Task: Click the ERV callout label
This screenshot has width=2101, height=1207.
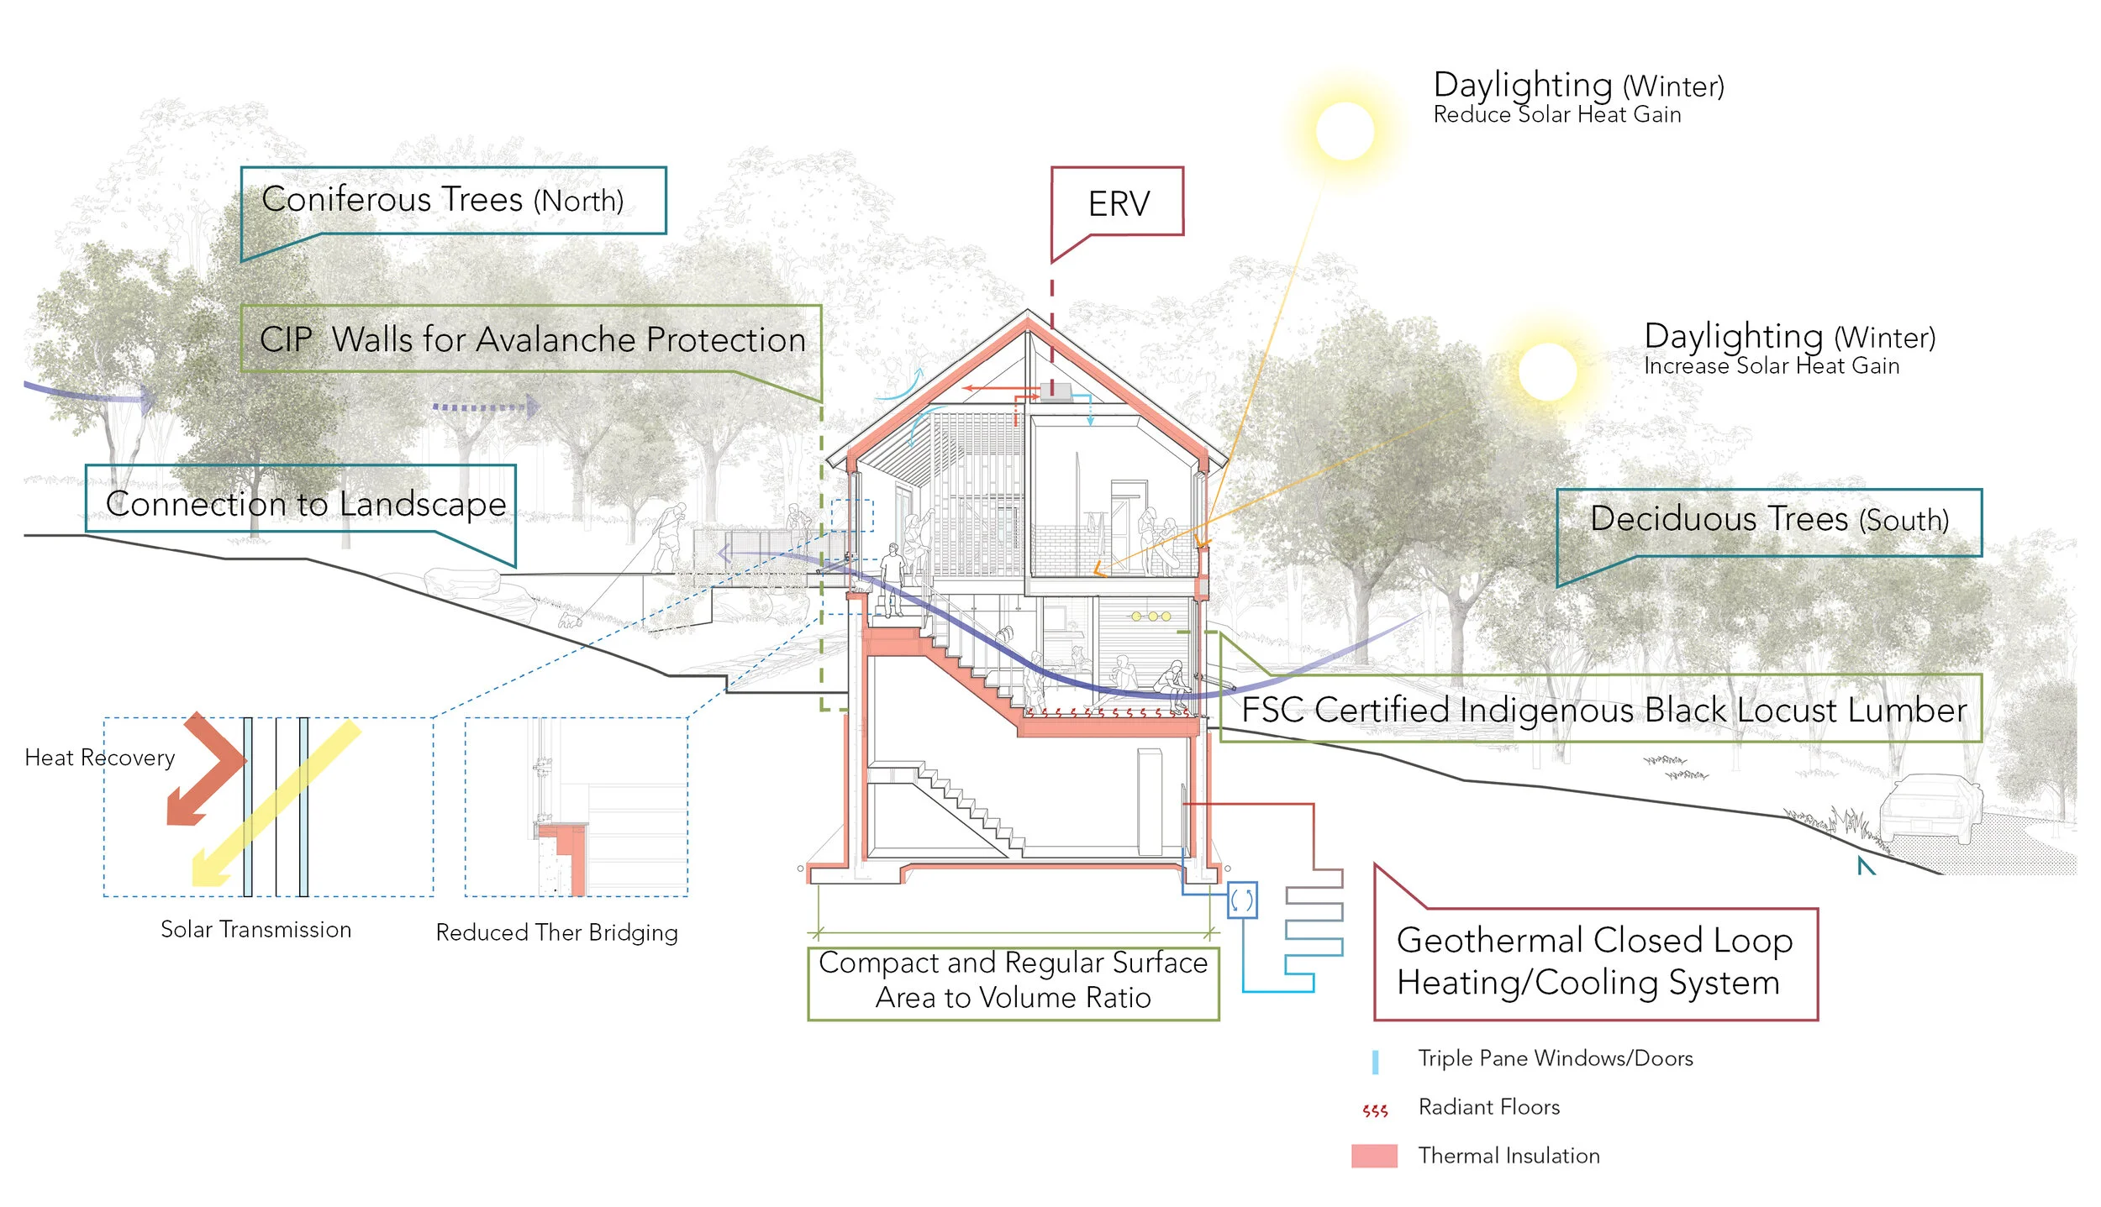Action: click(1117, 203)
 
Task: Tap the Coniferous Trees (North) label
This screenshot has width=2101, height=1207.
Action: click(443, 200)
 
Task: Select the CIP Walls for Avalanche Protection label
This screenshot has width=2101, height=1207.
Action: click(531, 339)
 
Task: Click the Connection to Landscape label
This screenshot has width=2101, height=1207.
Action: click(306, 503)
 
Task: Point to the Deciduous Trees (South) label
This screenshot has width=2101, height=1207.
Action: click(1768, 519)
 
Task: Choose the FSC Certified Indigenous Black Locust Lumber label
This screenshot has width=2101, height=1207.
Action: click(1603, 710)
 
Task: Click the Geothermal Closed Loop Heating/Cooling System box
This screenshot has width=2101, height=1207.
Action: click(1594, 962)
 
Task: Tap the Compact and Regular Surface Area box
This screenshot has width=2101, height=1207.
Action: click(1013, 980)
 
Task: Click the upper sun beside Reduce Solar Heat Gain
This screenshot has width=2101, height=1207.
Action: click(1345, 131)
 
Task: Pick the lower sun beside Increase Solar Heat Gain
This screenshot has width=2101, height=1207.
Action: click(1547, 371)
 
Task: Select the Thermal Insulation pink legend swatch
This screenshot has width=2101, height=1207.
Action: click(1374, 1156)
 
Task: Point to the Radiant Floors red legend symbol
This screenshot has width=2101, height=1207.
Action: click(1375, 1110)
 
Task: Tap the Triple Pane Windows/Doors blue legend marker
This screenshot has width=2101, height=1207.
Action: click(1375, 1062)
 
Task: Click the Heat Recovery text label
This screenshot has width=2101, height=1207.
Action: click(99, 758)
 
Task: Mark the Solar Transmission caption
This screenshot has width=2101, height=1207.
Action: click(255, 930)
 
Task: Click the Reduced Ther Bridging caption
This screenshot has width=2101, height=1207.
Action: click(556, 932)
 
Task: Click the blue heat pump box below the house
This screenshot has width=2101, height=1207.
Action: click(1241, 900)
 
